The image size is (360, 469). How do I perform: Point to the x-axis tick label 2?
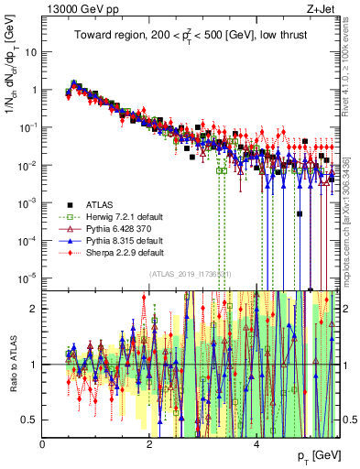(x=149, y=444)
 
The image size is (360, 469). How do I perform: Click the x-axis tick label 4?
(x=256, y=444)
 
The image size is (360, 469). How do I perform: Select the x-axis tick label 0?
(x=43, y=444)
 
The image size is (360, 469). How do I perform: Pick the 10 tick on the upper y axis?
(x=30, y=52)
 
